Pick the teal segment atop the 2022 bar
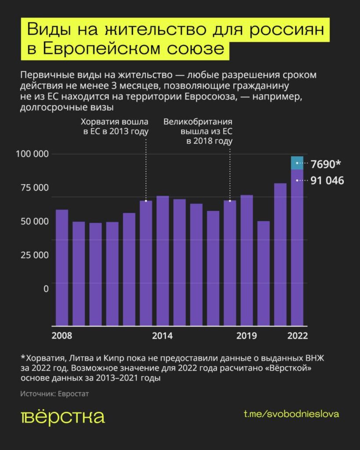click(297, 163)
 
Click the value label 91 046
click(327, 180)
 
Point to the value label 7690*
click(326, 164)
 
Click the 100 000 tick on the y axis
click(33, 154)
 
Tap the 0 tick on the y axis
click(46, 288)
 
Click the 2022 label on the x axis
click(297, 336)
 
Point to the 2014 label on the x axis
click(162, 336)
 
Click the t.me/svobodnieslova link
click(291, 414)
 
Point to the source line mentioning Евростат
click(55, 394)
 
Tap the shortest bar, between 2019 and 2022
click(263, 272)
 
